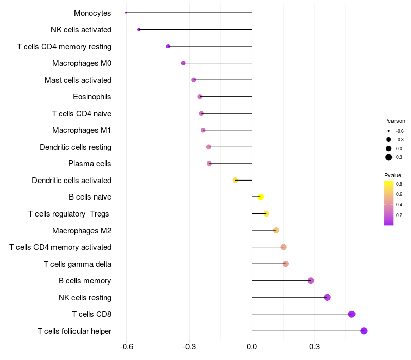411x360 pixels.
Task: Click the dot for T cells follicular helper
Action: [x=364, y=331]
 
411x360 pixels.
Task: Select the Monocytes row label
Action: [x=92, y=13]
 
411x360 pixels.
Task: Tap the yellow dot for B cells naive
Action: [x=260, y=197]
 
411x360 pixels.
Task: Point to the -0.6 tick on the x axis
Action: [x=127, y=347]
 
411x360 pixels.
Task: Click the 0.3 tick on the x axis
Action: [x=314, y=347]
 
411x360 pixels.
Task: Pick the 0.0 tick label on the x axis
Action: [x=252, y=347]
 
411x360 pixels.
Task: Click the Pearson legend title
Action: [x=395, y=121]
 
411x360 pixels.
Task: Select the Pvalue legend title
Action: [x=393, y=175]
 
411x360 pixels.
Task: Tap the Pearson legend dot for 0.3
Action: [x=389, y=157]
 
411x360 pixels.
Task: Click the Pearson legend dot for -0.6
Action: [x=389, y=131]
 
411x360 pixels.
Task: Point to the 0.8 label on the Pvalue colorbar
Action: [x=399, y=184]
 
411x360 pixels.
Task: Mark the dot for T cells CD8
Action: [x=351, y=314]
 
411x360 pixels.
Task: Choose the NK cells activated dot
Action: [x=139, y=30]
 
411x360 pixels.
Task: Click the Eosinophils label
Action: [x=92, y=97]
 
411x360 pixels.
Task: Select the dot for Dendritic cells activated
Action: [x=235, y=180]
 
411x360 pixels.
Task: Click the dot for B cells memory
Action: [x=311, y=281]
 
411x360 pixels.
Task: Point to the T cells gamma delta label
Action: [x=78, y=264]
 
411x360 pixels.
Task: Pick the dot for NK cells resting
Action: [x=327, y=297]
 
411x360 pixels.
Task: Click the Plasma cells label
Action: [x=90, y=164]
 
